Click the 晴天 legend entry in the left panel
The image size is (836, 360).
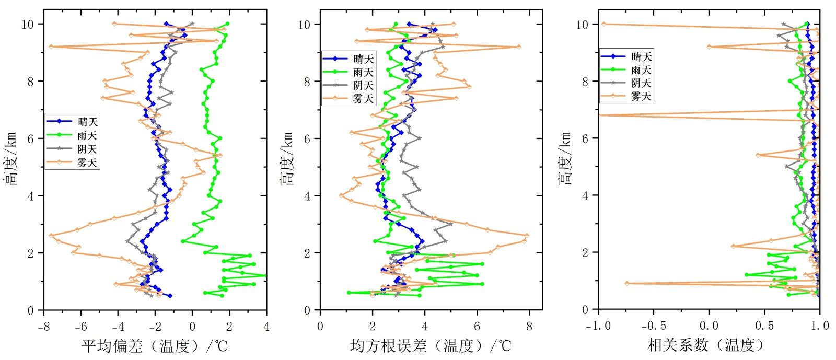(87, 122)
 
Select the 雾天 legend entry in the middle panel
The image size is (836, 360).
(363, 99)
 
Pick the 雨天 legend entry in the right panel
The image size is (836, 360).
(641, 70)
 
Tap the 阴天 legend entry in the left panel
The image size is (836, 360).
(87, 149)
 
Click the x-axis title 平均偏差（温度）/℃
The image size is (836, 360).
(155, 345)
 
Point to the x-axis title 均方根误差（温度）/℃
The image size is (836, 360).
(431, 345)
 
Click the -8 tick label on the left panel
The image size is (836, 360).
(44, 327)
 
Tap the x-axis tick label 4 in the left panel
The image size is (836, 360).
(266, 327)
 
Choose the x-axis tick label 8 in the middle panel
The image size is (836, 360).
(529, 327)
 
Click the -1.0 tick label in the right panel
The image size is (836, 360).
(598, 327)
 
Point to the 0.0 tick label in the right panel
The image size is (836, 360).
(709, 327)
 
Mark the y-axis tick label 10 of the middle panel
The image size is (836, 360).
(304, 25)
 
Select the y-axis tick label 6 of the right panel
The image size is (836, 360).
(586, 138)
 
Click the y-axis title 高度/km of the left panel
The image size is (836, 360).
(11, 159)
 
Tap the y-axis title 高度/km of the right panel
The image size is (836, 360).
(565, 159)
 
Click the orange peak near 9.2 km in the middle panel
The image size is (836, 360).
(519, 47)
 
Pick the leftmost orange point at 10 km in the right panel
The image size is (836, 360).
(604, 24)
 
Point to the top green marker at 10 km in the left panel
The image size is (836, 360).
(227, 24)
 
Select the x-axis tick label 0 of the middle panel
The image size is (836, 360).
(320, 327)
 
